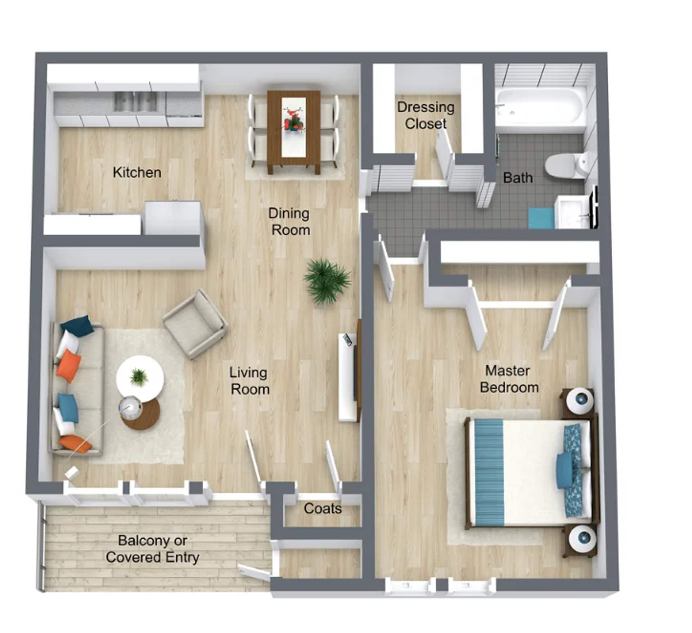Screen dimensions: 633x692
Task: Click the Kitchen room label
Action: click(x=137, y=172)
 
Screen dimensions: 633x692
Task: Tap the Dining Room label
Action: click(x=289, y=221)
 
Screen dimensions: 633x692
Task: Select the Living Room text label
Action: click(x=249, y=381)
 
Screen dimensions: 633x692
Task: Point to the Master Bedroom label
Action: click(x=509, y=379)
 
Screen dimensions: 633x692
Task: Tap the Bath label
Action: click(x=518, y=178)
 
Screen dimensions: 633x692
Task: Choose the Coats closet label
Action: click(x=323, y=508)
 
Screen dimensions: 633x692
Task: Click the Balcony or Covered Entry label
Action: click(x=152, y=549)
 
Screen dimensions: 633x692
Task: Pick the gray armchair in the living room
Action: click(x=195, y=324)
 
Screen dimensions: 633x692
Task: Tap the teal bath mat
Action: click(x=541, y=218)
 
